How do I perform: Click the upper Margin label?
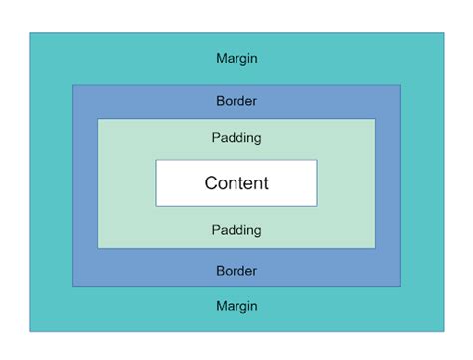(x=236, y=58)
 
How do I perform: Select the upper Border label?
(x=236, y=101)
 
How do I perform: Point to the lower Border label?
(x=236, y=271)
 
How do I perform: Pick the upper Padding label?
(x=236, y=138)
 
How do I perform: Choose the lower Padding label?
(x=236, y=230)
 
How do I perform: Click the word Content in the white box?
(x=236, y=183)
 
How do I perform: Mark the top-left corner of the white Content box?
(x=156, y=160)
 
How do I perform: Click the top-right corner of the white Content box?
(x=317, y=160)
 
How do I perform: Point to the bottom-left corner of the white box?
(x=156, y=206)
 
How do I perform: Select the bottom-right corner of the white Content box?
(x=317, y=206)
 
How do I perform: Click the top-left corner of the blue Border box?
(x=73, y=85)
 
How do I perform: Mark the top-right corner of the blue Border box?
(x=401, y=85)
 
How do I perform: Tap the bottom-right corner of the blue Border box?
(x=401, y=287)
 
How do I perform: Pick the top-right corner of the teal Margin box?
(x=444, y=34)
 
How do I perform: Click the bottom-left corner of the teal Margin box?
(x=30, y=331)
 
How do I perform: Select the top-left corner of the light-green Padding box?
(x=98, y=119)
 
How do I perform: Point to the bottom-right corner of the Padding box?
(x=375, y=248)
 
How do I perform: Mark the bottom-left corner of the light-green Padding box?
(x=98, y=248)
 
